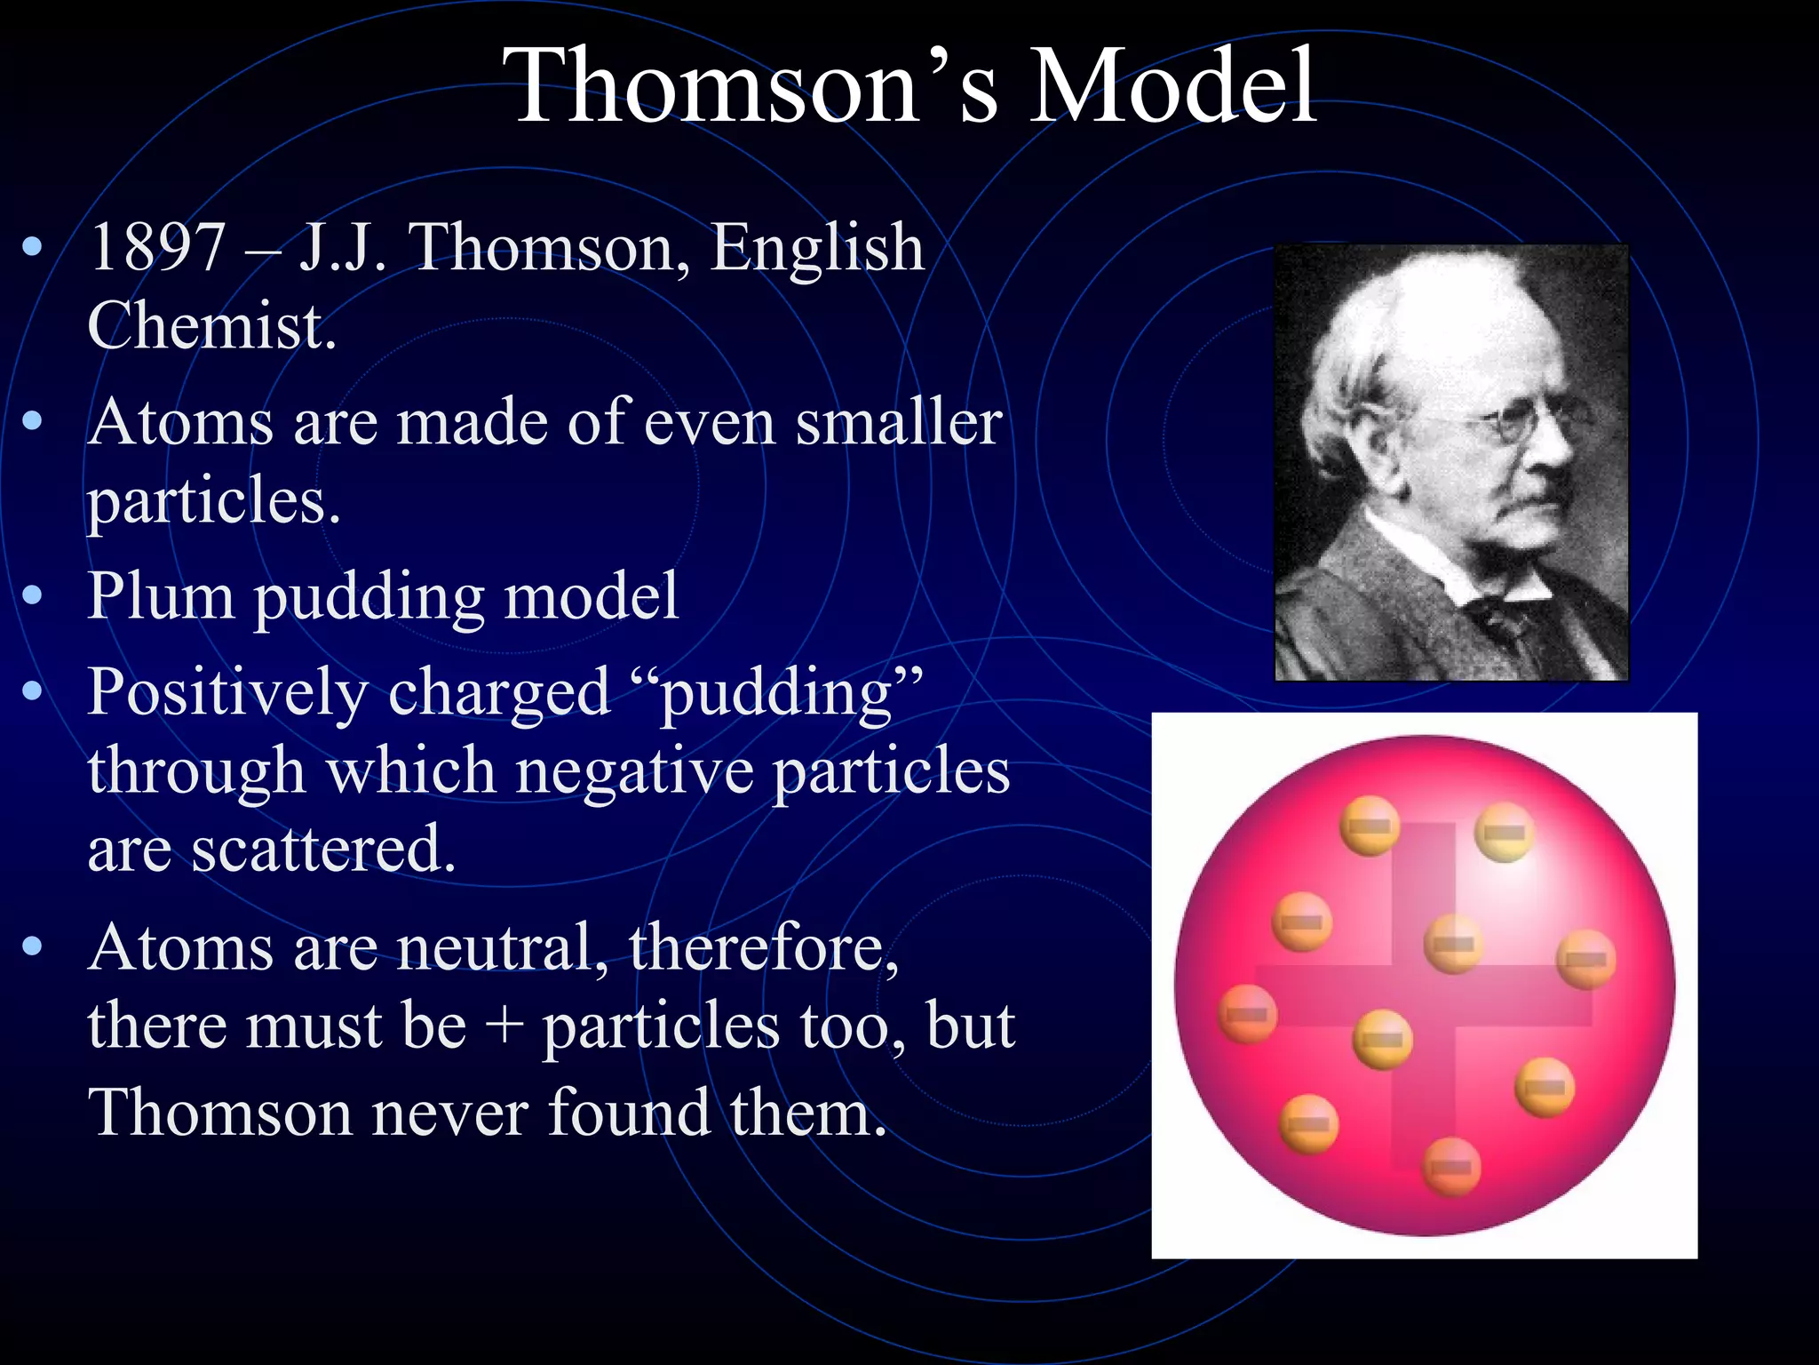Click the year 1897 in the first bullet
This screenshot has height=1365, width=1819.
157,248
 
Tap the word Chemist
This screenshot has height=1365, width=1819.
211,326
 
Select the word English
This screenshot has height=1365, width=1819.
816,248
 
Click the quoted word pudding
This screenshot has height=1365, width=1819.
777,694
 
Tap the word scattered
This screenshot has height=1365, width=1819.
323,849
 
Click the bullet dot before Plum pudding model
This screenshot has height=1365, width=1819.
33,595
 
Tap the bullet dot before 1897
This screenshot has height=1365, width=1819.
33,248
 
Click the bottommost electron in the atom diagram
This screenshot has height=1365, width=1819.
1451,1167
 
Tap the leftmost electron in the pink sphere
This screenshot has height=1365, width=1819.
1247,1014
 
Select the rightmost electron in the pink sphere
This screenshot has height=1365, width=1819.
1586,960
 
